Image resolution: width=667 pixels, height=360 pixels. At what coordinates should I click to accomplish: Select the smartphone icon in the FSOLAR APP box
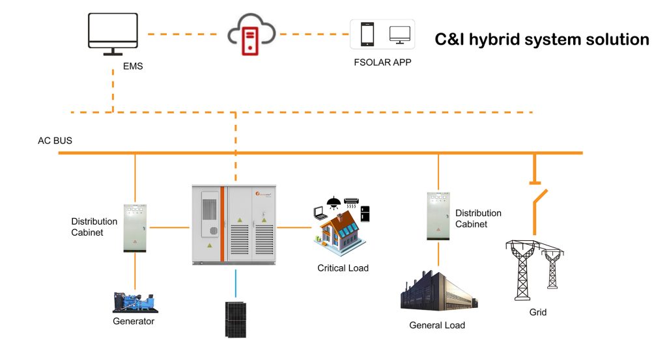pos(367,34)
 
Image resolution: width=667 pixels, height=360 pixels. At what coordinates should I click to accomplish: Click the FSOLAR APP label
pos(382,63)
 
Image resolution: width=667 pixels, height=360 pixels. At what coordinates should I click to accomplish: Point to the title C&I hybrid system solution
pos(541,40)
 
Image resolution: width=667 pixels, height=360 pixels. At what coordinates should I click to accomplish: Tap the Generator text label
pos(134,321)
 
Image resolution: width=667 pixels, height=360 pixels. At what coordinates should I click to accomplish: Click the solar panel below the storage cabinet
pos(235,319)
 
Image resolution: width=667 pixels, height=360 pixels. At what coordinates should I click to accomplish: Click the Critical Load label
pos(343,268)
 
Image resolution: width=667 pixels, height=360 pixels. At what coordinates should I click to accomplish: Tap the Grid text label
pos(537,312)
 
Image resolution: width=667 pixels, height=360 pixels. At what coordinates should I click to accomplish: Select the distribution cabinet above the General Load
pos(438,215)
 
